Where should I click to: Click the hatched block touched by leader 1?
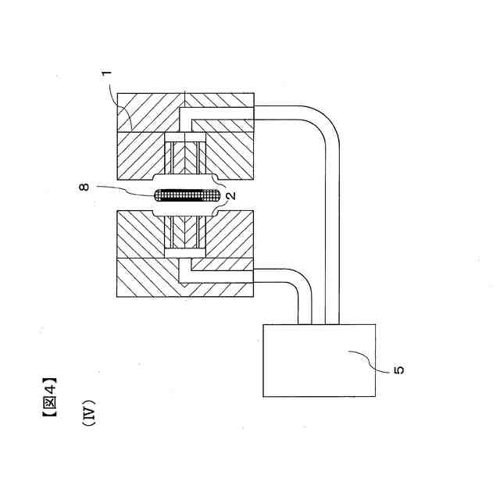[148, 109]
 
